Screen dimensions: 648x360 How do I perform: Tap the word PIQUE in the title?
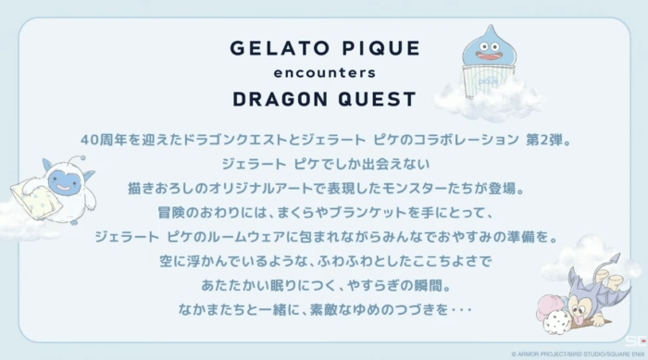pyautogui.click(x=381, y=48)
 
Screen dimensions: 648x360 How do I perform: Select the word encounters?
pyautogui.click(x=325, y=73)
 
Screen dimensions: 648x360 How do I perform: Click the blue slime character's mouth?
pyautogui.click(x=489, y=56)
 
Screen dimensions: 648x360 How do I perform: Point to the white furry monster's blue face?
pyautogui.click(x=64, y=182)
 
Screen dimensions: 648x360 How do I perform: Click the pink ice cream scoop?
pyautogui.click(x=551, y=306)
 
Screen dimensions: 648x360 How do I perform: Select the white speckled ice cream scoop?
pyautogui.click(x=557, y=322)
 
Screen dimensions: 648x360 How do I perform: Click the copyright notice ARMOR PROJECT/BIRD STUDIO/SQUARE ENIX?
pyautogui.click(x=578, y=354)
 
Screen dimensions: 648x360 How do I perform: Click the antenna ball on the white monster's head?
pyautogui.click(x=83, y=158)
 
